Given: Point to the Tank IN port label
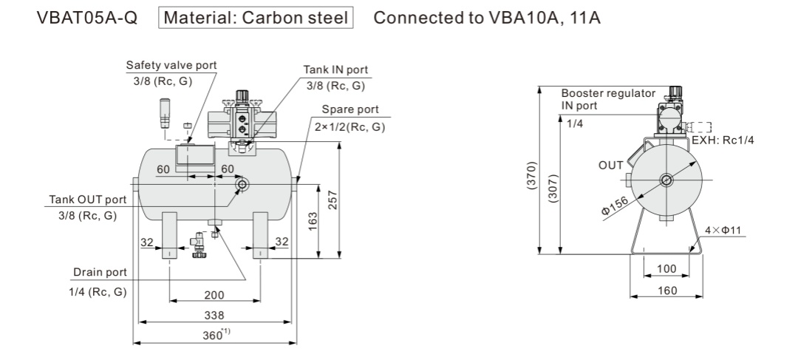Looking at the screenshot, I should pos(335,69).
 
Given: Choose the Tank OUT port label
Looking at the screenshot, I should pos(87,200).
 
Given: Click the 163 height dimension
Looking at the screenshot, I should pos(313,220).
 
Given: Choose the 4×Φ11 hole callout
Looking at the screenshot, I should pos(724,231).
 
